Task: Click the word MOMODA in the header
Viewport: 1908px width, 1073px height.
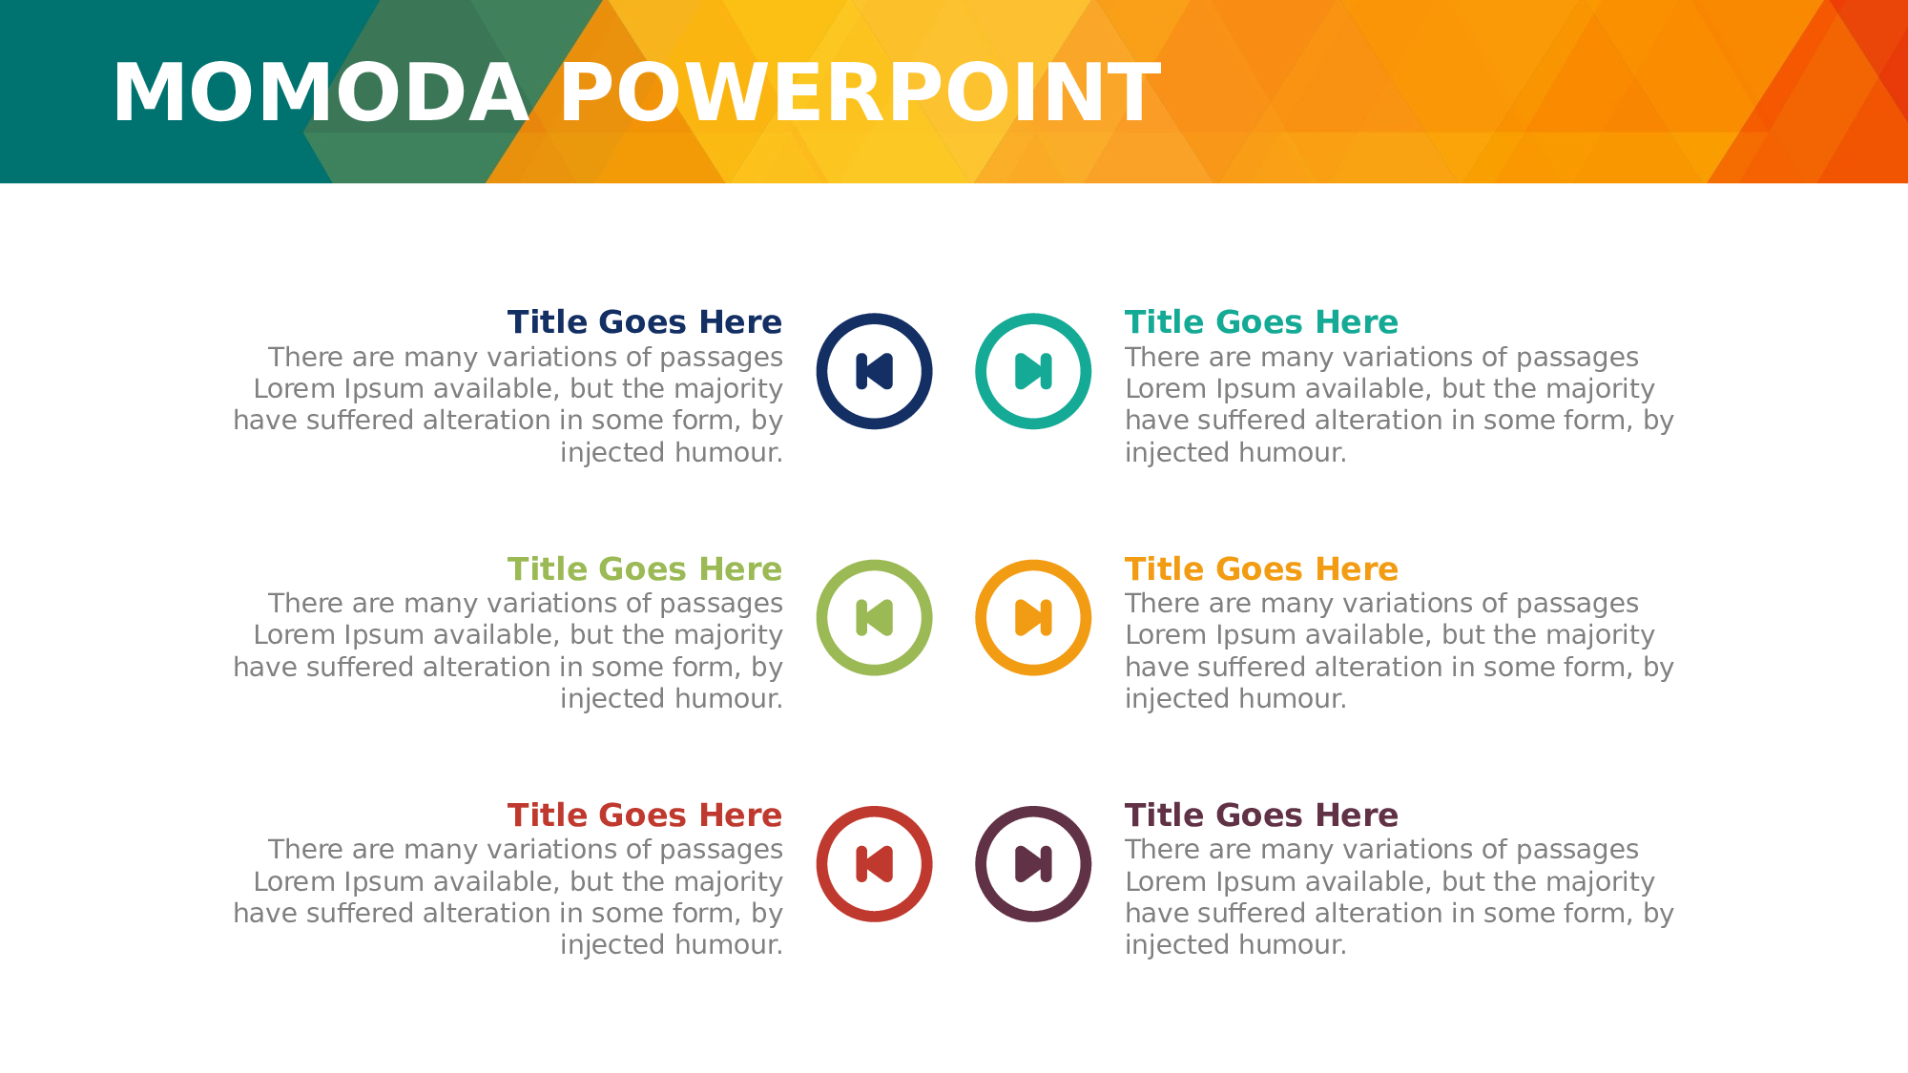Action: [321, 93]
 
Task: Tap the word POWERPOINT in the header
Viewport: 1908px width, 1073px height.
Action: [861, 93]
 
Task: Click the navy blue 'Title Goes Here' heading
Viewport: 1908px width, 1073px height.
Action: [645, 322]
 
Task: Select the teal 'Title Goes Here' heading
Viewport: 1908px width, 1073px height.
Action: [1261, 322]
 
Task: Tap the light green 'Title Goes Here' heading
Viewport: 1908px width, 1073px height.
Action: [645, 568]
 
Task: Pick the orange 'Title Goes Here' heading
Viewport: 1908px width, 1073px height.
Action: [1261, 568]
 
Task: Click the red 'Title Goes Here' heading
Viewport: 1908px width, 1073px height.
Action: [645, 815]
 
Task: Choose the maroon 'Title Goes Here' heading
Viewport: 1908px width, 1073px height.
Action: [1261, 815]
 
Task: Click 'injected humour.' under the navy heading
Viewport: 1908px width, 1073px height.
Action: [672, 453]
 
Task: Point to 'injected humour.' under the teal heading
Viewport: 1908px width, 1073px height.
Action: [1236, 453]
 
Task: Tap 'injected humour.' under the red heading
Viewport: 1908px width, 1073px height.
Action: [672, 945]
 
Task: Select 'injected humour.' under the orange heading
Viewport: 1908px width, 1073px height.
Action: [1236, 699]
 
